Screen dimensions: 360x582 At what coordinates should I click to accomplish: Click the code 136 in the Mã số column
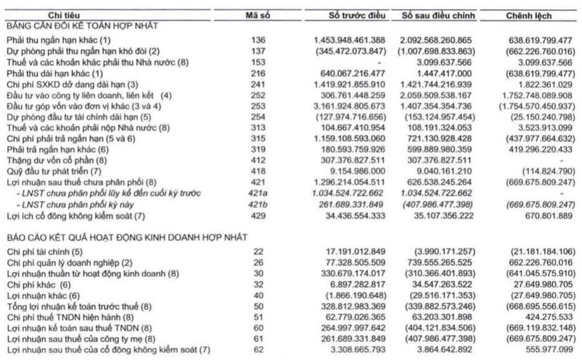(257, 40)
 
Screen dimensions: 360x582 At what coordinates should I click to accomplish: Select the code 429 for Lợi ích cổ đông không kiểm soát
(257, 215)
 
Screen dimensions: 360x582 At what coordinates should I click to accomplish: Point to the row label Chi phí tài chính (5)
(45, 251)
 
